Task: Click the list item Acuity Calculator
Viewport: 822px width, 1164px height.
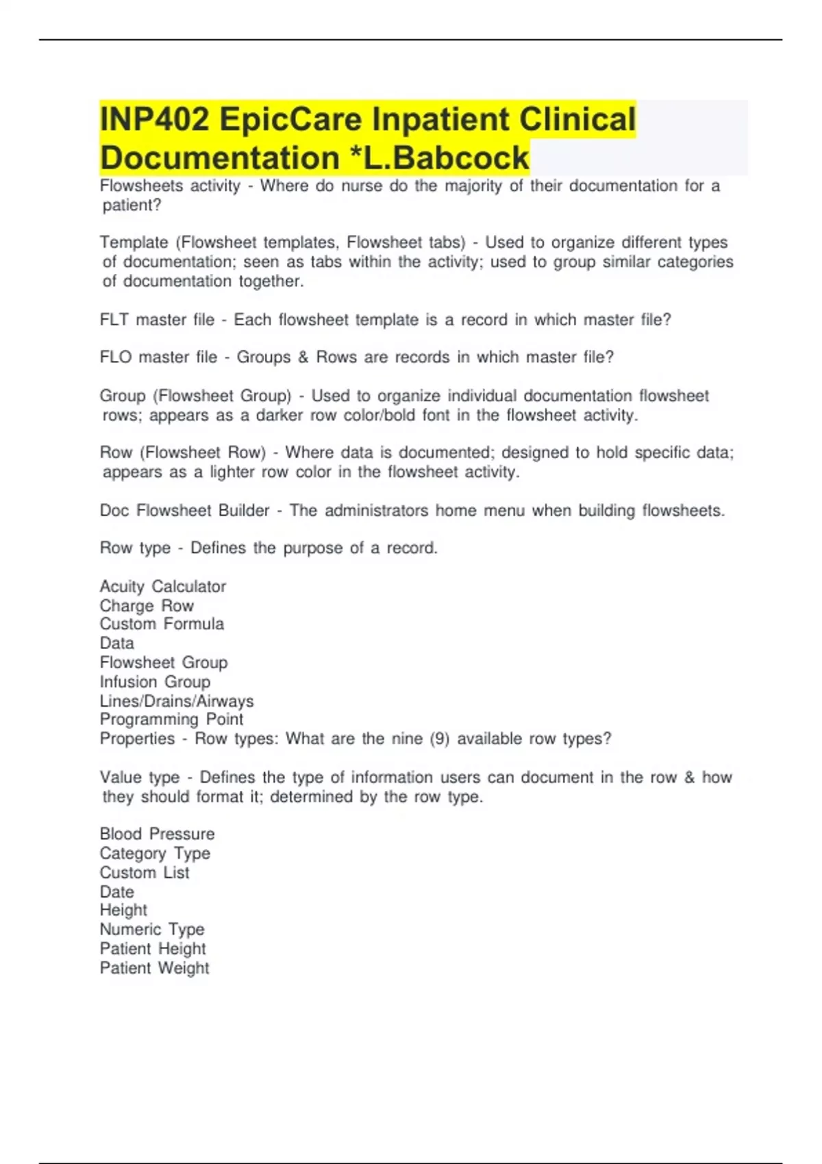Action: coord(162,587)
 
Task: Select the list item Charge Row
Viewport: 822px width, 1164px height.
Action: coord(147,606)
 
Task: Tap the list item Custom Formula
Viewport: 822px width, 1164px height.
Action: coord(162,624)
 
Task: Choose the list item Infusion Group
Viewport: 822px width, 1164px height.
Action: coord(155,682)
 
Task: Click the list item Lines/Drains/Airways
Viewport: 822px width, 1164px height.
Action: coord(176,701)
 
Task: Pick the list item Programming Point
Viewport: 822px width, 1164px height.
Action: coord(171,720)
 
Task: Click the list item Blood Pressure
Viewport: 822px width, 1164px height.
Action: coord(157,834)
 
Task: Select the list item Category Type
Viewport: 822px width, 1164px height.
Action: coord(155,853)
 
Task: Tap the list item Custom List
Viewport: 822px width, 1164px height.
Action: coord(145,873)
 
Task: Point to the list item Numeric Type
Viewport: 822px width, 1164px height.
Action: coord(152,930)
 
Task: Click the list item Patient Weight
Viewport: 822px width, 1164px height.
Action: coord(154,968)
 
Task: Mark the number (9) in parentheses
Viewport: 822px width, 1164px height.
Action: coord(439,739)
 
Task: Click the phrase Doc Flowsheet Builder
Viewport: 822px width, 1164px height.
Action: coord(184,511)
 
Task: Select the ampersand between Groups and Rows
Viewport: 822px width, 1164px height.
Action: coord(303,357)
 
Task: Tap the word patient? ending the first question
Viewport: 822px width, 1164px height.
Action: coord(132,205)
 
